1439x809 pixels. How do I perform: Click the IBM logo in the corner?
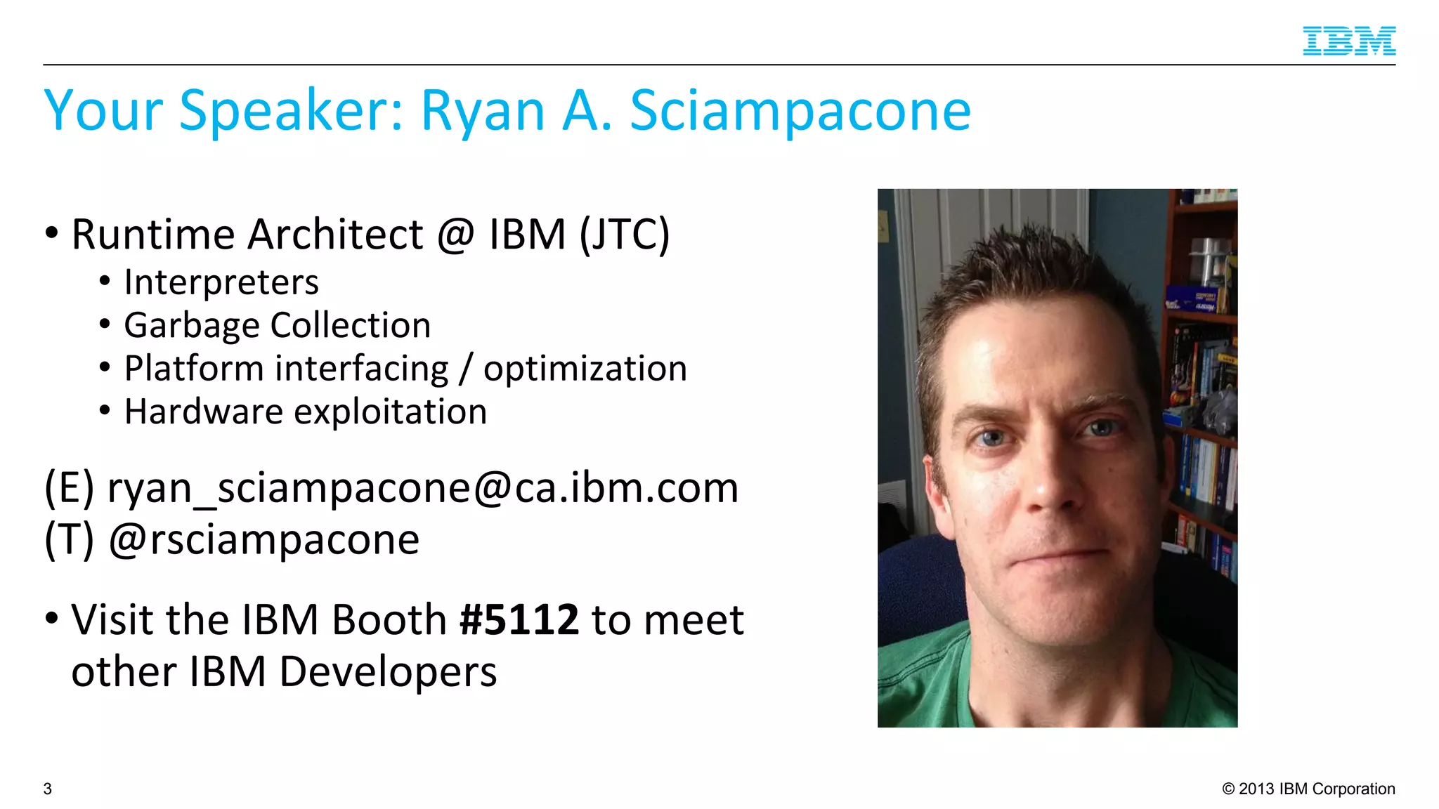pos(1348,41)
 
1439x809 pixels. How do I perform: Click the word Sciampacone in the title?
pos(800,111)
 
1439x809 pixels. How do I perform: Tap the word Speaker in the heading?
pos(292,111)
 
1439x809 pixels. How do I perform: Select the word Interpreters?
pos(221,282)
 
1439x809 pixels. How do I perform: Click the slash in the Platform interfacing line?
pos(465,369)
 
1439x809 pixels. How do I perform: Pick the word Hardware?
pos(203,412)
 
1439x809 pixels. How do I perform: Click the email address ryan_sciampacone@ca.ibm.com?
pos(422,487)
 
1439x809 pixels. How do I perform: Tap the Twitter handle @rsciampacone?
pos(264,539)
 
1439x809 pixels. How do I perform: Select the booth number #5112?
pos(519,619)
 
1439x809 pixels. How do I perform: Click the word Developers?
pos(388,671)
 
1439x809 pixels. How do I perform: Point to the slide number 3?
pos(48,789)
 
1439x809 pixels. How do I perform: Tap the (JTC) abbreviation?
pos(625,234)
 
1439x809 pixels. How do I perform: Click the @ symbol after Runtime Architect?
pos(456,235)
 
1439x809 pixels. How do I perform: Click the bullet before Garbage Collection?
pos(105,325)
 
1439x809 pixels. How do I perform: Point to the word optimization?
pos(585,369)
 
